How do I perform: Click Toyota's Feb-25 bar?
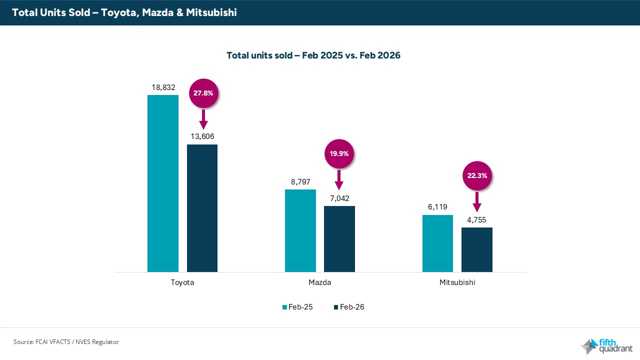(x=163, y=183)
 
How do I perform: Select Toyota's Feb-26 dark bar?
(x=202, y=208)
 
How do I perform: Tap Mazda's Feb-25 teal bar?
(x=300, y=230)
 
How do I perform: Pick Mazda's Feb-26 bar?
(x=339, y=238)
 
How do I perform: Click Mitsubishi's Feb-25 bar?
(x=437, y=243)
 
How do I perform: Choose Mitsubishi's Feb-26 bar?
(x=476, y=249)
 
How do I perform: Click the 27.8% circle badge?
(x=203, y=93)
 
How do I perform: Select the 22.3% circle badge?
(x=477, y=175)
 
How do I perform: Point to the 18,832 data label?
(x=163, y=87)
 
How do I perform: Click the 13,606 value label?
(x=202, y=136)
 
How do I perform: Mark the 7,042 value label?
(x=339, y=198)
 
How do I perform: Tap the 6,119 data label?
(x=437, y=206)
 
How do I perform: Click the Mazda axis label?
(x=319, y=282)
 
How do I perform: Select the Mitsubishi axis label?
(x=457, y=282)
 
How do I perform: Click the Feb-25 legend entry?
(x=298, y=307)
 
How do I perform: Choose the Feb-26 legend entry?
(x=349, y=307)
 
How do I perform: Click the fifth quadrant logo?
(x=605, y=345)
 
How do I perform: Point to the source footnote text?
(x=66, y=342)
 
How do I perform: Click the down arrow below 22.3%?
(x=477, y=202)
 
